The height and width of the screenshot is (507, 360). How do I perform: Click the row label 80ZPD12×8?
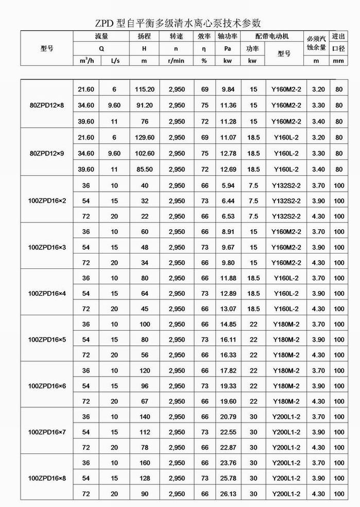pos(47,105)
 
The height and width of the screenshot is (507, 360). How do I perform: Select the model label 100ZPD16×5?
pos(47,340)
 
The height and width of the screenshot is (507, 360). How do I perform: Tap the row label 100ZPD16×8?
pos(47,478)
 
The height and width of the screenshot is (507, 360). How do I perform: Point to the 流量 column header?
pos(101,37)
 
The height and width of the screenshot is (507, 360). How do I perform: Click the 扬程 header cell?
pos(144,37)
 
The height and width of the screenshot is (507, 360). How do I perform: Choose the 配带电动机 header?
pos(272,37)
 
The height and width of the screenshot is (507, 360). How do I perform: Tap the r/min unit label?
pos(176,60)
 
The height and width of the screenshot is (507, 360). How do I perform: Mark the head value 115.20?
pos(144,90)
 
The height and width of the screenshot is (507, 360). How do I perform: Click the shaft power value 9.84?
pos(228,90)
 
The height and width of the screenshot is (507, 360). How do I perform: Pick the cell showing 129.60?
pos(144,138)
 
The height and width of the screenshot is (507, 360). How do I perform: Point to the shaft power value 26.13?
pos(228,494)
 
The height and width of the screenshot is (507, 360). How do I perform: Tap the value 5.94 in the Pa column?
pos(228,185)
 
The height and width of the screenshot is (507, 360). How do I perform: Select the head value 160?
pos(144,463)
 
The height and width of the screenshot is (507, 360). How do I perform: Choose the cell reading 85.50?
pos(144,169)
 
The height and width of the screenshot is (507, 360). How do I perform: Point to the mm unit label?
pos(338,60)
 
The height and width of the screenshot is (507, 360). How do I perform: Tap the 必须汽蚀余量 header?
pos(317,43)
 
